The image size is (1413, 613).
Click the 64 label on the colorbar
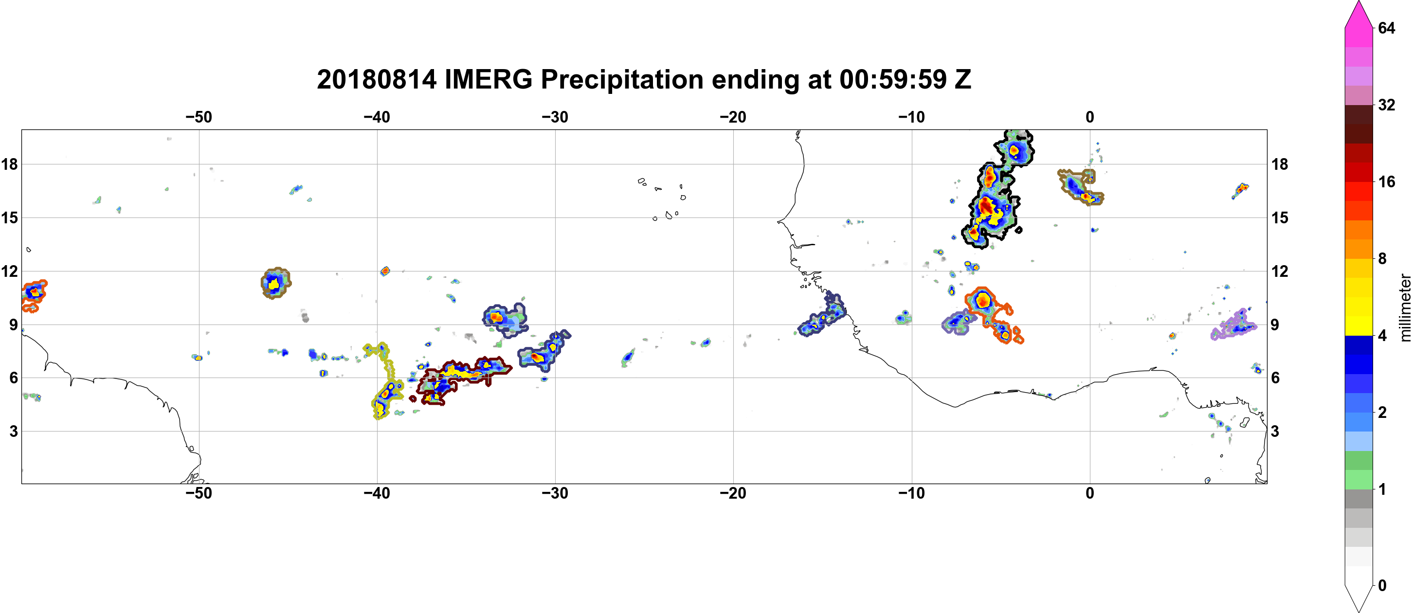point(1387,28)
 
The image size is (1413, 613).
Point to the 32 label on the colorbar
point(1387,105)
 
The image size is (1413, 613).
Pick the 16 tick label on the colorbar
point(1387,181)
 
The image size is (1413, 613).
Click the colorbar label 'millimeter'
point(1405,308)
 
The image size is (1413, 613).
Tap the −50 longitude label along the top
point(199,117)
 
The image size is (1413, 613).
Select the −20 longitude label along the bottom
point(733,493)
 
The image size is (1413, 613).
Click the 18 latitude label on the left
point(9,164)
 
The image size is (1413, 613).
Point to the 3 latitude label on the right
point(1275,432)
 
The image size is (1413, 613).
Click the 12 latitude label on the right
point(1280,271)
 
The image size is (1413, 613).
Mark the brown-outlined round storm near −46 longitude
point(275,283)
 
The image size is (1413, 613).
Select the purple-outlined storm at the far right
point(1234,325)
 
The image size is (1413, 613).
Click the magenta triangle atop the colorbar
point(1359,14)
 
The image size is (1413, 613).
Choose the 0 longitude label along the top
point(1090,117)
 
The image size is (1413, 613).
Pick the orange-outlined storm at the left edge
point(34,295)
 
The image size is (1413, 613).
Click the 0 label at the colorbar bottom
point(1382,586)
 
